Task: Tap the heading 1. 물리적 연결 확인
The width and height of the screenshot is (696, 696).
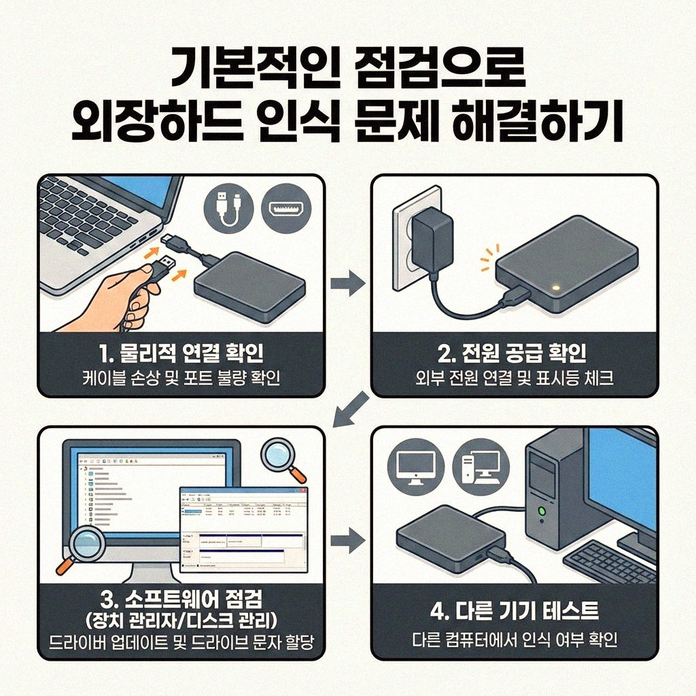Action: (181, 353)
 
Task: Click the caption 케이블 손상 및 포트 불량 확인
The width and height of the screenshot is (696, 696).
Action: (181, 378)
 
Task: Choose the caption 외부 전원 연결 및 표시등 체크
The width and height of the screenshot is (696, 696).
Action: (514, 378)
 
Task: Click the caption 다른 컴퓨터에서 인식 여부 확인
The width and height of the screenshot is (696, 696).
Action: (514, 640)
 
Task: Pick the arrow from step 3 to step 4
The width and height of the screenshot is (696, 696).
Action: (347, 542)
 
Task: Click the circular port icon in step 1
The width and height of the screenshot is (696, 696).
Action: (285, 206)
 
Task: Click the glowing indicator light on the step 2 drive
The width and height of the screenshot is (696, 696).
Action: (555, 288)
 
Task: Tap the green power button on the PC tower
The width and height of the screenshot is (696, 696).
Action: (541, 510)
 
